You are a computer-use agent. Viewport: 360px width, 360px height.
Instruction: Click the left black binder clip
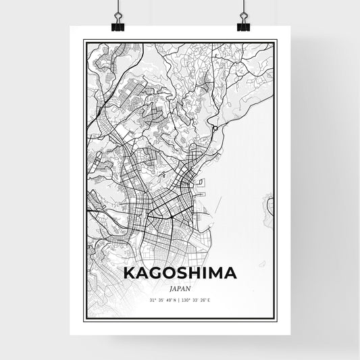[x=116, y=24]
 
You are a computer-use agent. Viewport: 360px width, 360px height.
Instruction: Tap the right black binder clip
[x=243, y=24]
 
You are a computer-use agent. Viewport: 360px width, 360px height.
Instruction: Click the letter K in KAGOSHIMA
[x=129, y=274]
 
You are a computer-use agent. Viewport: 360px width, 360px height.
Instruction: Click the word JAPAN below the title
[x=180, y=287]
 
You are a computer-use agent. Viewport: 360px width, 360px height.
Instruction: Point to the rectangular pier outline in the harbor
[x=199, y=183]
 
